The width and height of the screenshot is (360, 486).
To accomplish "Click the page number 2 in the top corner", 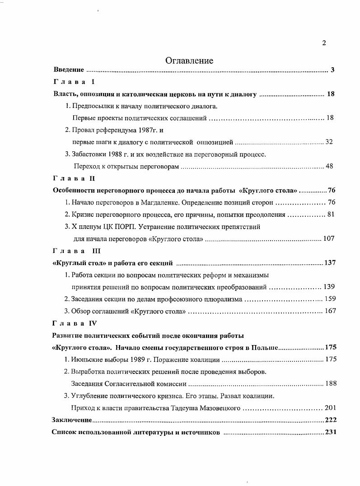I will click(x=324, y=43).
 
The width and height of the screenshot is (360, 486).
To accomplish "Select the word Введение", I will click(x=69, y=70).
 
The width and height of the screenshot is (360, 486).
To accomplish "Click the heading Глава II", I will click(x=74, y=178).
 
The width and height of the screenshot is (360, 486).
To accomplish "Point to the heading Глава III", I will click(x=76, y=251).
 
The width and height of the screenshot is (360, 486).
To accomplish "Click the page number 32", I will click(x=329, y=142).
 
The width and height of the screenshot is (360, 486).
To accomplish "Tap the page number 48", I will click(x=329, y=166).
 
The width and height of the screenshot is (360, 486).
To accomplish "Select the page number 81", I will click(x=330, y=215).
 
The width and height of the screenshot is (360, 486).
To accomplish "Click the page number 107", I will click(x=328, y=238).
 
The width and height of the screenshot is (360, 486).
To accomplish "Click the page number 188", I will click(x=331, y=383).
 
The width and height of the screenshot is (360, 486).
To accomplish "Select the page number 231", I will click(x=331, y=432).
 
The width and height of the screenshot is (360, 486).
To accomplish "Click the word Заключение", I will click(x=72, y=420).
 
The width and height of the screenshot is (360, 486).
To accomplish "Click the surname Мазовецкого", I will click(x=219, y=408).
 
